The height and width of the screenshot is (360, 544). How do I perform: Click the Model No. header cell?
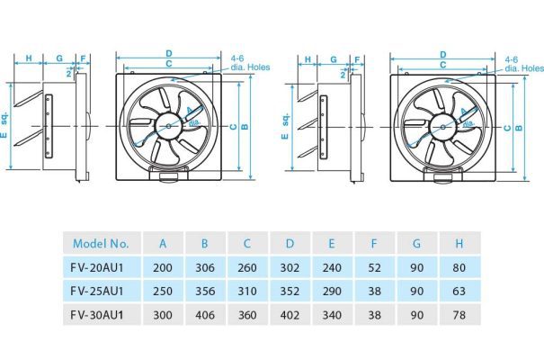click(101, 243)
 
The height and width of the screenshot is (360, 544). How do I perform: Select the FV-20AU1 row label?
click(97, 267)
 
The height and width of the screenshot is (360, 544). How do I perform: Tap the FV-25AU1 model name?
click(97, 291)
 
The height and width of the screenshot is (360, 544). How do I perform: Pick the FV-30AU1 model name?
click(97, 315)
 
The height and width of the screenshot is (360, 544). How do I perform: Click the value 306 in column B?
click(205, 267)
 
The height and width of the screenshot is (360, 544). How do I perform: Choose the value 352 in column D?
click(290, 291)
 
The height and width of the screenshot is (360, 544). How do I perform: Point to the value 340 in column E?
click(332, 315)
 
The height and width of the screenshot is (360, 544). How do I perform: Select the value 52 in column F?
click(374, 267)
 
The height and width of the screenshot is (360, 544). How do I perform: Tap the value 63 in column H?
click(459, 291)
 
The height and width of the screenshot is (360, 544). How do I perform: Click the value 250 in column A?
click(163, 291)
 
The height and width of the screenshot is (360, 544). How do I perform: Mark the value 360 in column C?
click(247, 315)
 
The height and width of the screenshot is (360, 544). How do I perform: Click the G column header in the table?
click(416, 243)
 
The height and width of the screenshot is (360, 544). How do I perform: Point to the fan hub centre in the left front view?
click(169, 126)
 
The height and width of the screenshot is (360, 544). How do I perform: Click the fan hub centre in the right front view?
click(442, 128)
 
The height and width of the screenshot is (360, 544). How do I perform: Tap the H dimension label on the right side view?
click(308, 59)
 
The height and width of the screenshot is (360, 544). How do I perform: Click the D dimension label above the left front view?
click(169, 53)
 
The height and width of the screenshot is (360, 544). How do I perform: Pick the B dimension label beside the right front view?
click(519, 128)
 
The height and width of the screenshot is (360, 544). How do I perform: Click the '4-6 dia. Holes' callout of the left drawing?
click(250, 63)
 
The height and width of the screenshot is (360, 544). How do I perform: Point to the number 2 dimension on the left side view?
click(68, 73)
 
